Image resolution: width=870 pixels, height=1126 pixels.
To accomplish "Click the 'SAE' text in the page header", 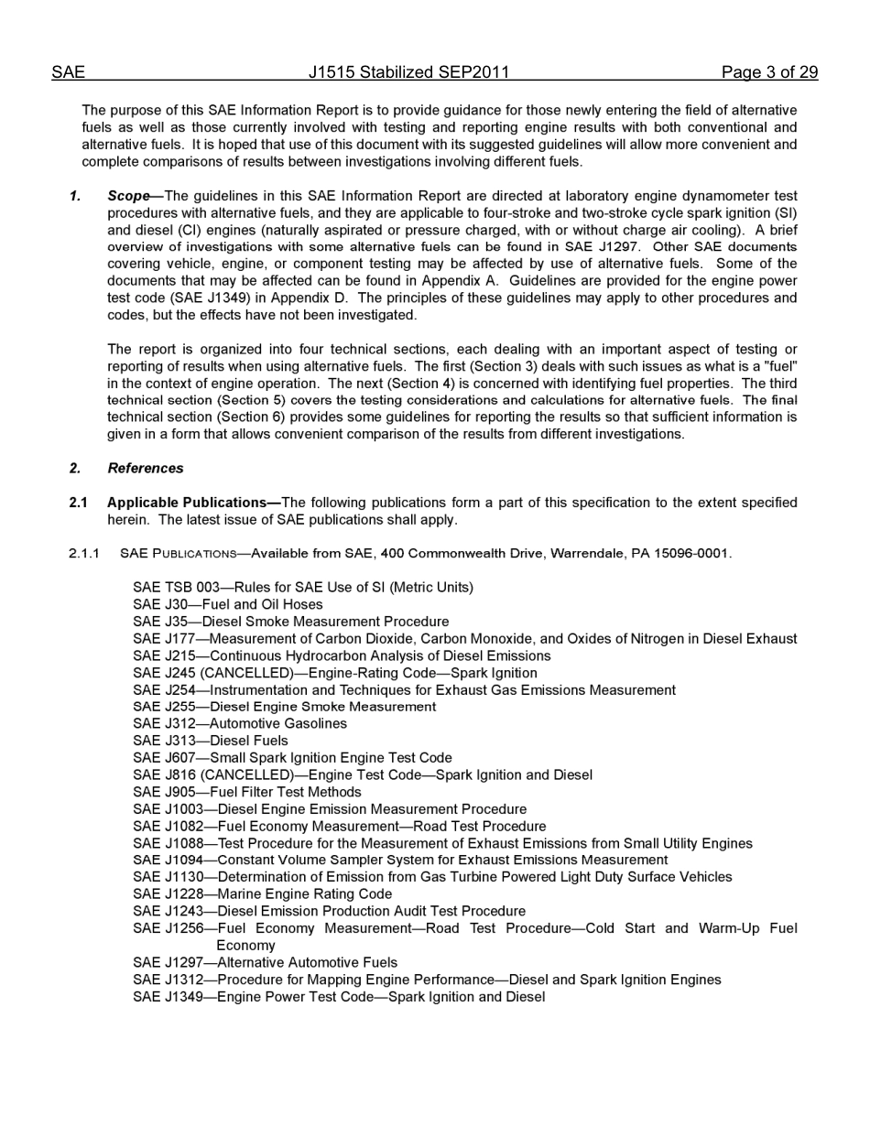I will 68,72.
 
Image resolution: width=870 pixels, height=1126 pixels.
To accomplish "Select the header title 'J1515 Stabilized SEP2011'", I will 408,72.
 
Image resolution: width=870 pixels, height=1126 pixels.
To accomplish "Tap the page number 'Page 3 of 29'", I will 769,72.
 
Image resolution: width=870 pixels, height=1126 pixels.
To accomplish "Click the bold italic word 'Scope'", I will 128,196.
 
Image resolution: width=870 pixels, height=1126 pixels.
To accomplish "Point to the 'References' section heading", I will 145,468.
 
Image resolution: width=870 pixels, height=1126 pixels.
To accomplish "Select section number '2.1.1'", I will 83,554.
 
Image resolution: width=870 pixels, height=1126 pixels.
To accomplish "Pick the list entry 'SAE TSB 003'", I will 176,588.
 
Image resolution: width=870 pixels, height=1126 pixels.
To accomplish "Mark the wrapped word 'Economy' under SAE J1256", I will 245,946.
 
